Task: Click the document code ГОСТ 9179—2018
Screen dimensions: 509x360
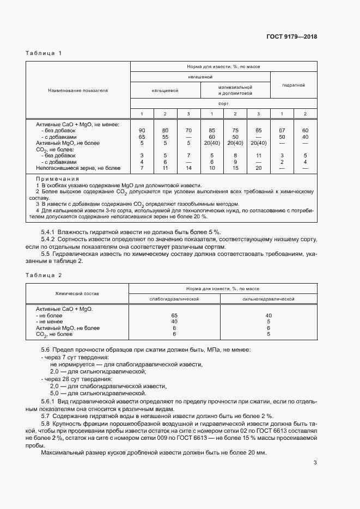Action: point(291,37)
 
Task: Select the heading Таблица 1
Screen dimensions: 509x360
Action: point(44,53)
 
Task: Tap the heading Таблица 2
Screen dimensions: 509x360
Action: point(44,275)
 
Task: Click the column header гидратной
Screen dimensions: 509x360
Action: point(293,85)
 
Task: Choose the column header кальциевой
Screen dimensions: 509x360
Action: point(166,90)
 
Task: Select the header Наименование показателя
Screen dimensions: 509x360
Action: point(78,90)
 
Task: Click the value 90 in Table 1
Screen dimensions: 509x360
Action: point(142,130)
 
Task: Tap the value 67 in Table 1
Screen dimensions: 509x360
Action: point(282,130)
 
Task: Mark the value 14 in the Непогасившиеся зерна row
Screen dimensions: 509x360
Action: point(188,168)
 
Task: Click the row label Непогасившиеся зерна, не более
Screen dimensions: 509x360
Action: point(78,168)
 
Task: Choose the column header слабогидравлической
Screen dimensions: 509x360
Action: point(174,299)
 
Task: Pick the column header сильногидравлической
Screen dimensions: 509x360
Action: point(269,299)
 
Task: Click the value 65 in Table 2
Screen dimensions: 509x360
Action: point(174,315)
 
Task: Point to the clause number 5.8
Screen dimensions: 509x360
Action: point(46,423)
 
